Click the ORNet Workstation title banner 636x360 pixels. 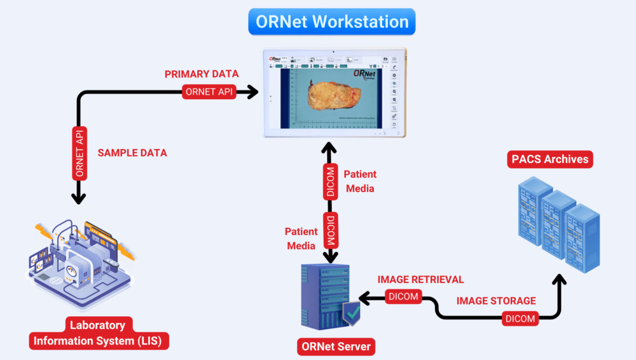332,22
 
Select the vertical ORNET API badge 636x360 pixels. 79,153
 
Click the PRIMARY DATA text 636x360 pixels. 202,74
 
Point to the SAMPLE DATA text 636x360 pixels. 132,153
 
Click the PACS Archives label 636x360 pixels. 550,159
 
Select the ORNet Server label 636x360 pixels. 336,347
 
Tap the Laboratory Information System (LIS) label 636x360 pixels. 97,333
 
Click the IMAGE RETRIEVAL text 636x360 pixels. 420,279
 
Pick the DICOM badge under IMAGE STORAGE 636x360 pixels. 520,318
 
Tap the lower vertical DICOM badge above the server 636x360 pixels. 329,230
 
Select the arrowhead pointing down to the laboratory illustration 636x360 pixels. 79,198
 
